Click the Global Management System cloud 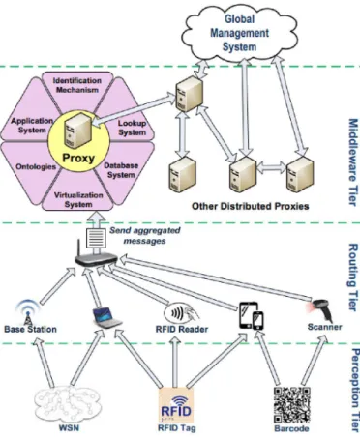240,33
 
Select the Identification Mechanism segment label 77,85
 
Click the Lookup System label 132,128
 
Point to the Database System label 121,170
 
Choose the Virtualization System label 78,200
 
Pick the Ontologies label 36,166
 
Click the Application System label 32,126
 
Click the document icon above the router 96,238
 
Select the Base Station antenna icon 28,312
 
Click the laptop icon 106,318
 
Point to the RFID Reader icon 182,313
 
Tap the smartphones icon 252,315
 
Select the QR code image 292,405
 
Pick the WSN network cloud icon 68,404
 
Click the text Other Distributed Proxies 251,206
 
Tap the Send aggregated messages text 145,236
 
